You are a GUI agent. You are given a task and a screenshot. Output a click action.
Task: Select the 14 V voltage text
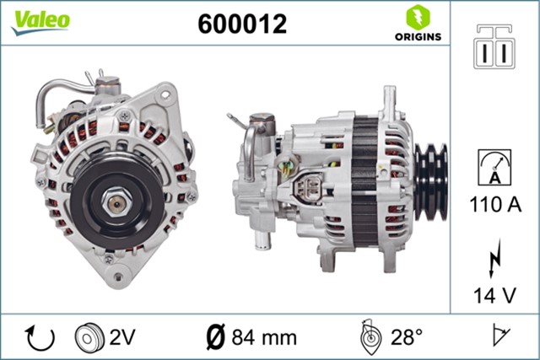click(x=495, y=296)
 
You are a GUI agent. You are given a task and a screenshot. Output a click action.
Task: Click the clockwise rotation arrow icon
click(x=40, y=337)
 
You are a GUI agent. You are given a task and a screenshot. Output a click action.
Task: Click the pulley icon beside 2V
click(x=89, y=337)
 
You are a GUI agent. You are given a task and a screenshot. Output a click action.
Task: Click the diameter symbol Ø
click(x=214, y=338)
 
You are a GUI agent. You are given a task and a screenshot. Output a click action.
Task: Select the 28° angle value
click(x=406, y=338)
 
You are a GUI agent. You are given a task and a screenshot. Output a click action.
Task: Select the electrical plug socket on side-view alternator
click(x=310, y=189)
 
